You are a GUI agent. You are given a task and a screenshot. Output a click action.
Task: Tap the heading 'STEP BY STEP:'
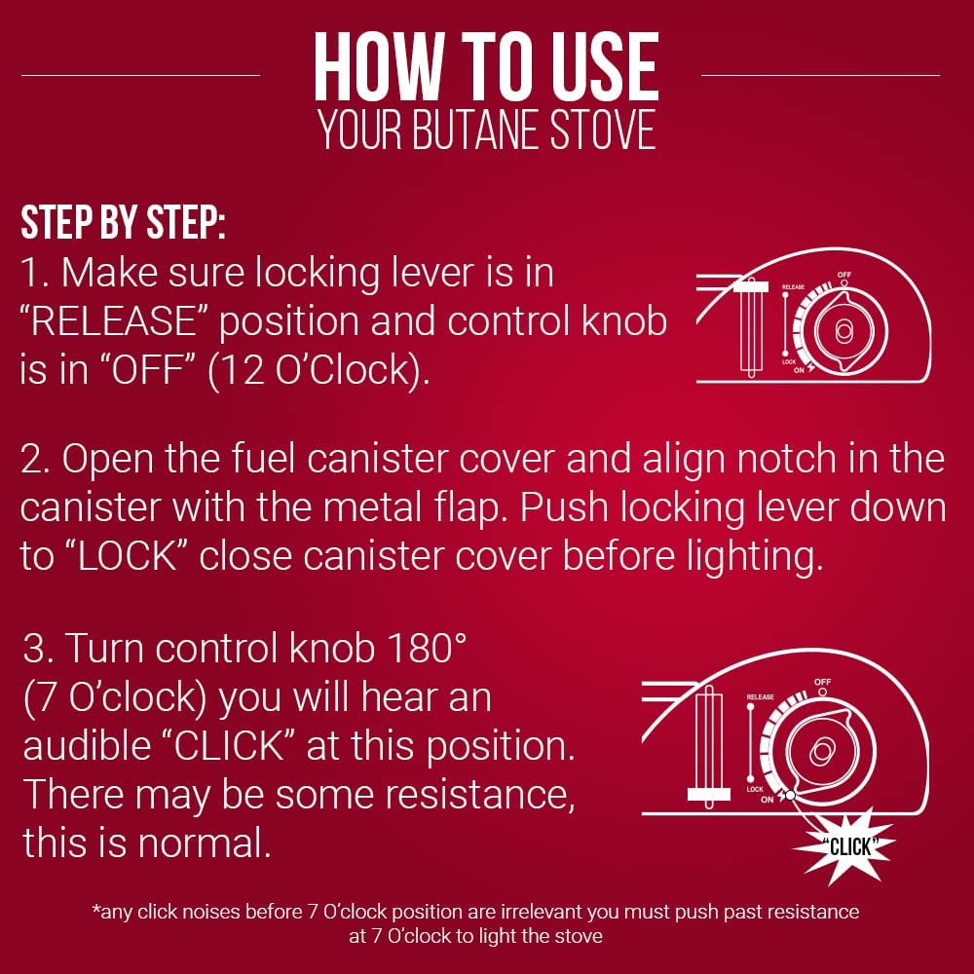(x=123, y=224)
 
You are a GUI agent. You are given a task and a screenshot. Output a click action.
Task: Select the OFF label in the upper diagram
(x=843, y=276)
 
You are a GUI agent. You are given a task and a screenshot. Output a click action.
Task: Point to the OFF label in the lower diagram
(x=823, y=682)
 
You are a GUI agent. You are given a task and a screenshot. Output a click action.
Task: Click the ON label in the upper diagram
(x=798, y=370)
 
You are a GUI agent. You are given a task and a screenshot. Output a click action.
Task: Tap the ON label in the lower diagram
(x=768, y=800)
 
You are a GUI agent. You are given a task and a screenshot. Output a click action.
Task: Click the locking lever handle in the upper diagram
(x=751, y=286)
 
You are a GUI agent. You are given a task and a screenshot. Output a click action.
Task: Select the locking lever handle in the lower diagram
(x=707, y=794)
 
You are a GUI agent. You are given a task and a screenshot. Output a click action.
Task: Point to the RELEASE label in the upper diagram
(x=794, y=288)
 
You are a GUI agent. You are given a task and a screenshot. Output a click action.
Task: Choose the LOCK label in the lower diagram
(x=755, y=789)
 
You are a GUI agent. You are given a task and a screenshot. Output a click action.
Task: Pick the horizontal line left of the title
(x=140, y=74)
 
